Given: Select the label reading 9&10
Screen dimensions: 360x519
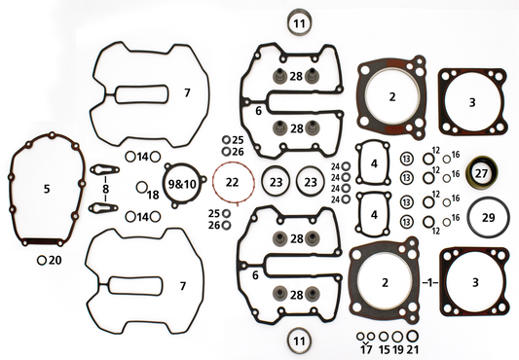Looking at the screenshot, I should click(x=182, y=183).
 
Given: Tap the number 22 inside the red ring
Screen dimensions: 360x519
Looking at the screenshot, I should click(x=231, y=183).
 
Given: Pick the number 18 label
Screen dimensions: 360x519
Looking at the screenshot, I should click(x=153, y=195).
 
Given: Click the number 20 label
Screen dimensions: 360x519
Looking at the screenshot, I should click(x=55, y=261).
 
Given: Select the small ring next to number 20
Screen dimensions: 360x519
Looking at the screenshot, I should click(x=41, y=261).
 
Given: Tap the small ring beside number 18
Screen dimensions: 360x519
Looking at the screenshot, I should click(x=141, y=187).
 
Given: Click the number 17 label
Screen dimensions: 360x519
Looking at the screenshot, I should click(x=367, y=347).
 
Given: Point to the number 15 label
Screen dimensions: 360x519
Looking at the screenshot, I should click(x=384, y=347).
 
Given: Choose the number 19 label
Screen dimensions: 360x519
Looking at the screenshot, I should click(x=398, y=347).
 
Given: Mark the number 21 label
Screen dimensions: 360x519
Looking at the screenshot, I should click(x=414, y=347).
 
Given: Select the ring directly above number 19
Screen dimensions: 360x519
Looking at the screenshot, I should click(x=398, y=336).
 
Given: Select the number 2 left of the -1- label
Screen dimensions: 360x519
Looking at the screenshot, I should click(x=391, y=282).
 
